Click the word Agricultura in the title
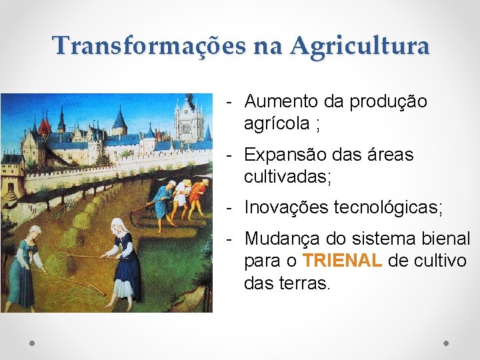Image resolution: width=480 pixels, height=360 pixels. coord(360,46)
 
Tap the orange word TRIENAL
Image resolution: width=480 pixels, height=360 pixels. coord(341,260)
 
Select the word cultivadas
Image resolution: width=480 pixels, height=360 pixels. coord(285,177)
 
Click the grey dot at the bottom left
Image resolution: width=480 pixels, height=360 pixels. coord(33,343)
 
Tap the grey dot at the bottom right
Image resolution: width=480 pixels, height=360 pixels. coord(446,343)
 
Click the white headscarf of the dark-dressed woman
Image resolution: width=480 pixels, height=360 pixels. coord(118,226)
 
